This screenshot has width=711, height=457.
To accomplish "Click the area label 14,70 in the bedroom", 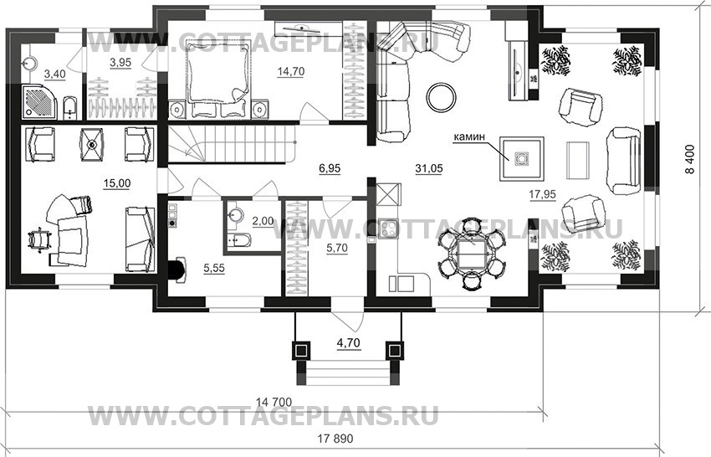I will (290, 72).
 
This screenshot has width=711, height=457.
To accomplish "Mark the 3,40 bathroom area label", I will (53, 74).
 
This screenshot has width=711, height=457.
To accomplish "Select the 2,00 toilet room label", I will (262, 220).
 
